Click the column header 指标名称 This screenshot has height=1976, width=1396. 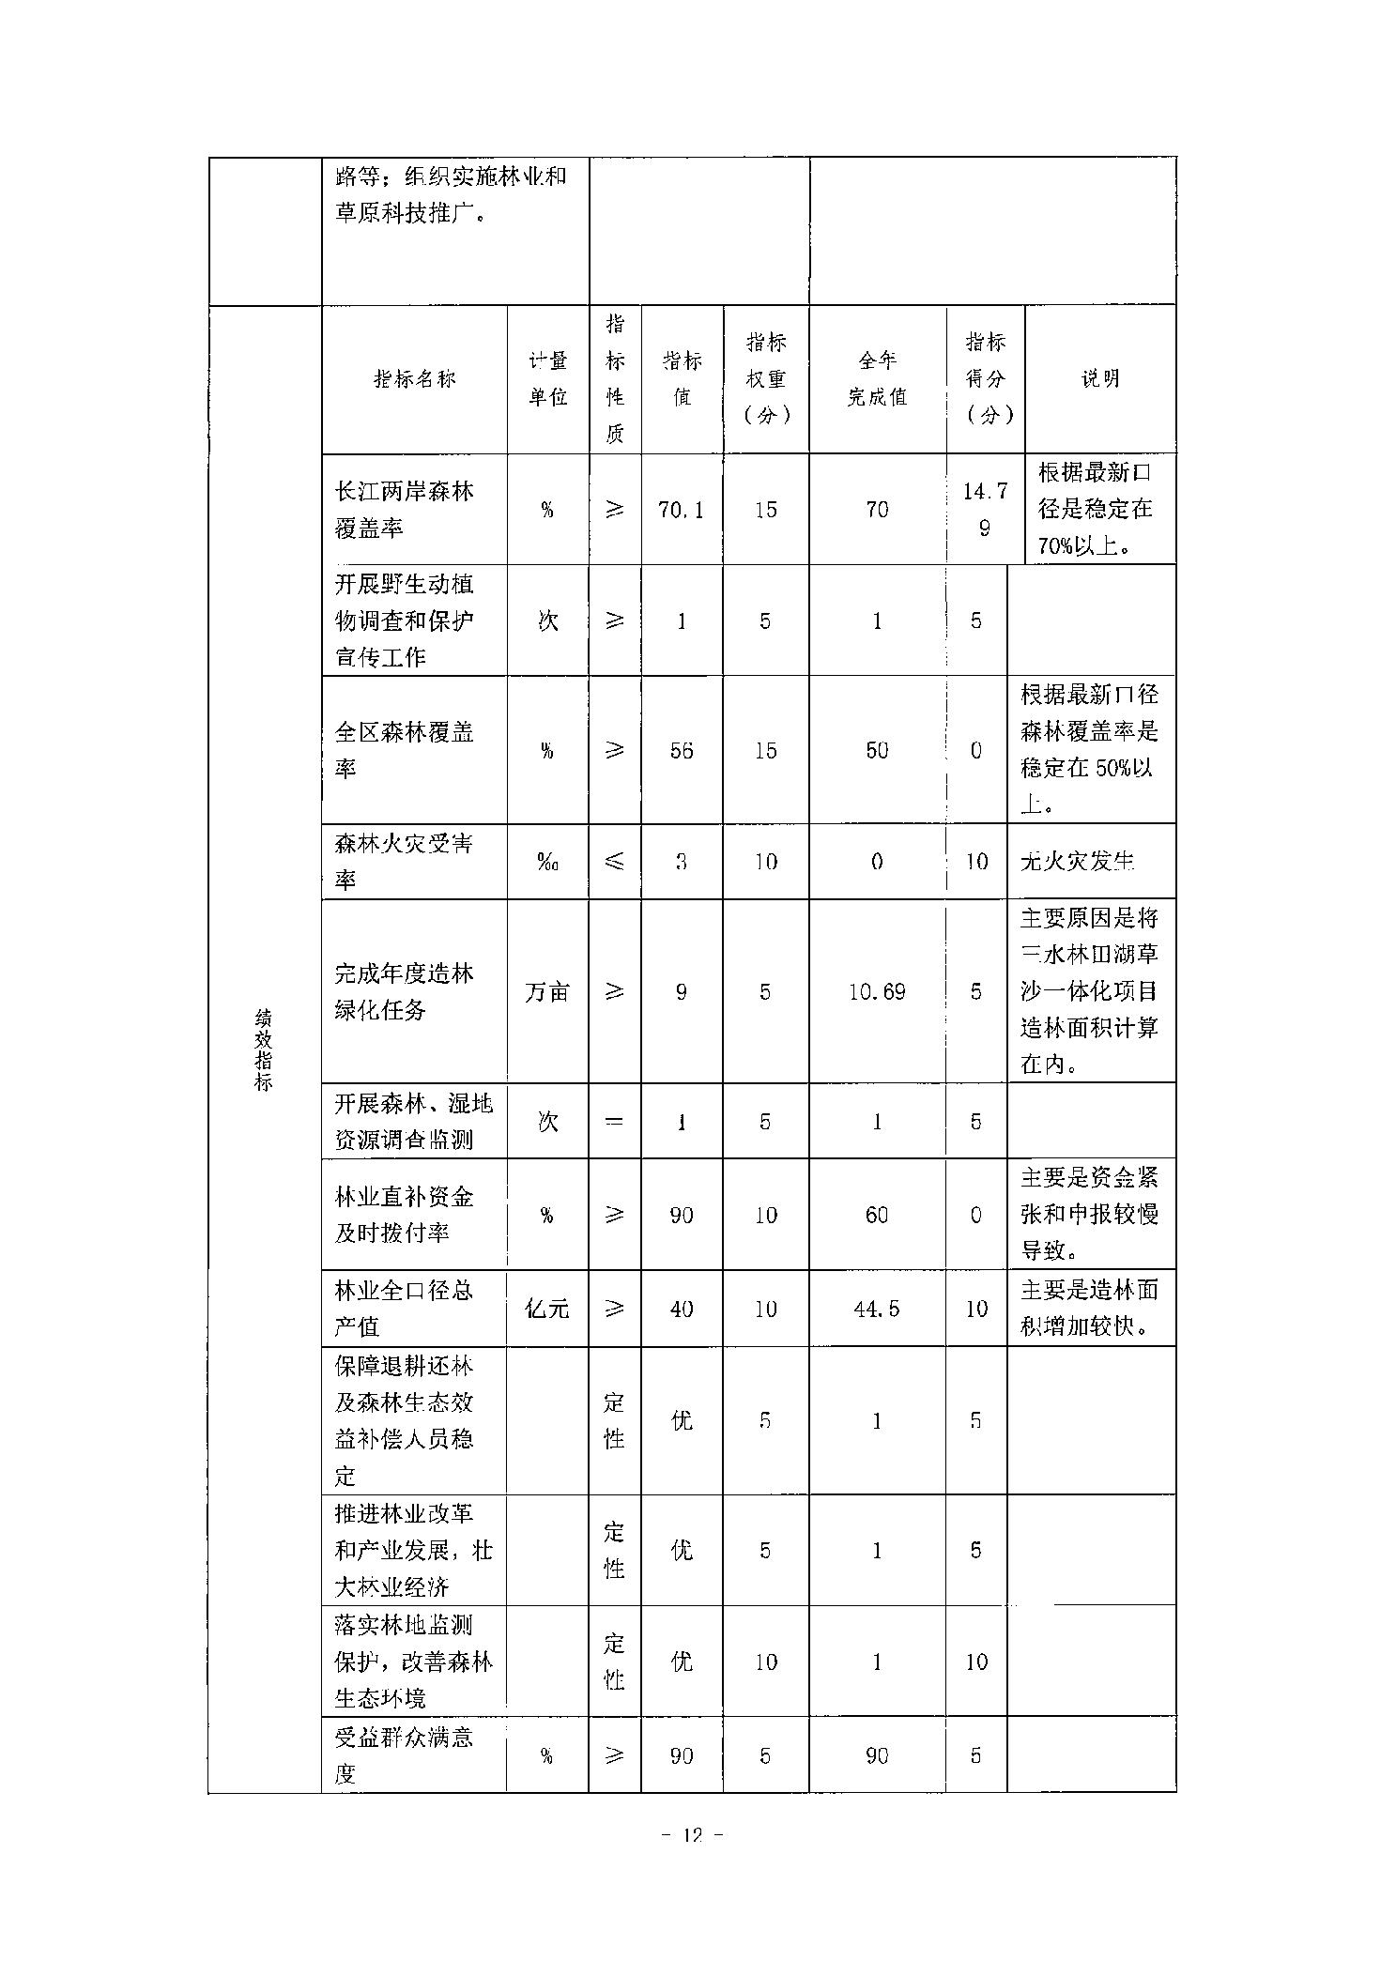(x=414, y=378)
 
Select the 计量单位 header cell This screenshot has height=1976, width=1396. (x=547, y=378)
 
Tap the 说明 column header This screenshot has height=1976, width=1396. (x=1099, y=378)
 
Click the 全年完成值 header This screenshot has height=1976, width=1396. (x=877, y=378)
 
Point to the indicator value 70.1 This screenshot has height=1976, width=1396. (x=682, y=510)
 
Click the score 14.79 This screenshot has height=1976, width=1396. (x=985, y=510)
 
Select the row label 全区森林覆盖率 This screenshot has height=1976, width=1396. (x=404, y=749)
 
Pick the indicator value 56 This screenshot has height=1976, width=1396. (x=682, y=750)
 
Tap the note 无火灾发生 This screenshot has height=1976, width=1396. (x=1078, y=861)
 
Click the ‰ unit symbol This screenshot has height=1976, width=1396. (x=547, y=861)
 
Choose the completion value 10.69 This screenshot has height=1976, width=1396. (x=877, y=991)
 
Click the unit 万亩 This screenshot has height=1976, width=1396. (x=547, y=991)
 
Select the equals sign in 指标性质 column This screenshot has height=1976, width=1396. (x=614, y=1121)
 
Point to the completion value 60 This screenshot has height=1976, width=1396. (x=877, y=1215)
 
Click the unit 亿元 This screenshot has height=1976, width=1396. (x=547, y=1309)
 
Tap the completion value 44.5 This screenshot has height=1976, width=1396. (x=877, y=1309)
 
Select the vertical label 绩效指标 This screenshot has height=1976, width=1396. (x=264, y=1049)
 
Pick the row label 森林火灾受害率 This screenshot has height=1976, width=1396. (x=404, y=861)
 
